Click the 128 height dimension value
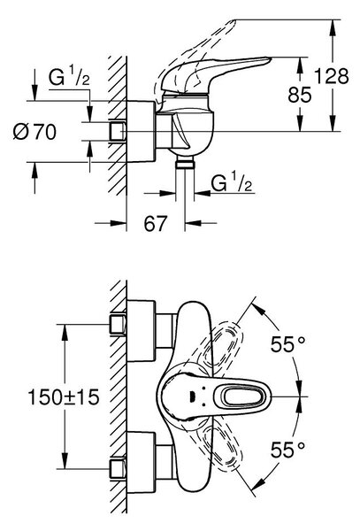[332, 76]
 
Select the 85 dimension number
[300, 95]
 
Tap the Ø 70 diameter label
[34, 131]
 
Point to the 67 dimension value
[156, 224]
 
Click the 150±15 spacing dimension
[64, 396]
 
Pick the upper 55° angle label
[288, 344]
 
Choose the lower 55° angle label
[288, 450]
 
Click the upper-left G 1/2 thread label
[69, 77]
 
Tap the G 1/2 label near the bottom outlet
[232, 183]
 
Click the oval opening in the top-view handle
[243, 396]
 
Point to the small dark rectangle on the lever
[192, 395]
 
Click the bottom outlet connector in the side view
[185, 164]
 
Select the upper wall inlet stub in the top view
[118, 325]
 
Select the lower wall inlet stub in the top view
[118, 469]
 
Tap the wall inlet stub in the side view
[118, 131]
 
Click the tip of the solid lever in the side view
[271, 58]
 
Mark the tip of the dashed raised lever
[234, 21]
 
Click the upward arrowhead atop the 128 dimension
[333, 26]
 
